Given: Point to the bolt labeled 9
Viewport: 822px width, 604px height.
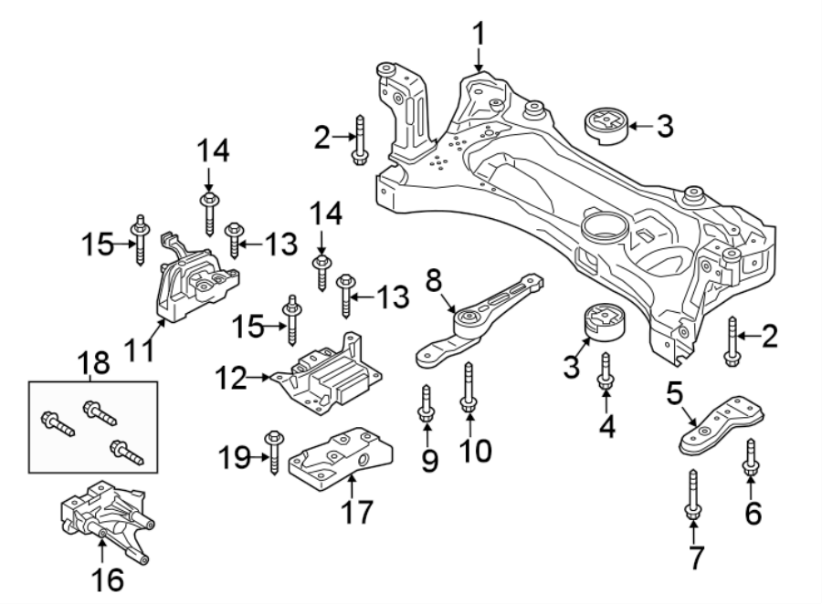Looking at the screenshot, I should [x=427, y=406].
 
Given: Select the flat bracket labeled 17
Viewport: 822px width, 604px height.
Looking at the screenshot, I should [x=340, y=461].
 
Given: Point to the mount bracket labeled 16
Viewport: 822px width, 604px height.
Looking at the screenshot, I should [x=102, y=520].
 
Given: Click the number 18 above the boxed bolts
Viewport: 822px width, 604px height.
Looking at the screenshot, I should [x=94, y=363].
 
